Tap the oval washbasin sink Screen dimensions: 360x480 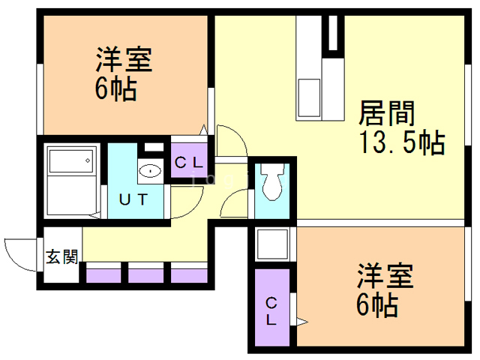(151, 171)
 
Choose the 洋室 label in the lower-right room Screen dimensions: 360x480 (385, 277)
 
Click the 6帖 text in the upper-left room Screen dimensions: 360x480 (115, 89)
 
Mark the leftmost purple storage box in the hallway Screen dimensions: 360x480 (103, 274)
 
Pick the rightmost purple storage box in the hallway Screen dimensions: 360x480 (188, 274)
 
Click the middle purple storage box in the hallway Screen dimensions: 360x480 (145, 274)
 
